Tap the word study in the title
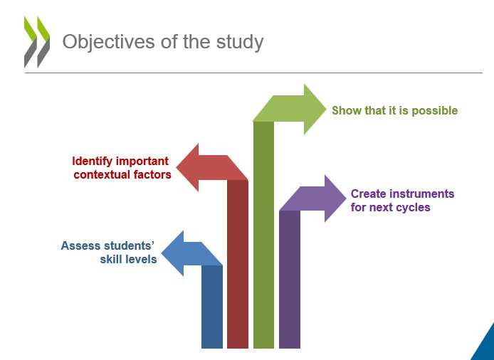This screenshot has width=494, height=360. click(x=240, y=41)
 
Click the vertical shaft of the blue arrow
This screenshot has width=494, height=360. click(x=212, y=306)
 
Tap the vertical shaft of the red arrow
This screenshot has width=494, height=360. click(x=238, y=263)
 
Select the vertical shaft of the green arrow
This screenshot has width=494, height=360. click(x=263, y=235)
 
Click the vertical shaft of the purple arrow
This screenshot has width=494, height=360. click(x=290, y=277)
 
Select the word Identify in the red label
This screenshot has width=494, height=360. click(x=95, y=161)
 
